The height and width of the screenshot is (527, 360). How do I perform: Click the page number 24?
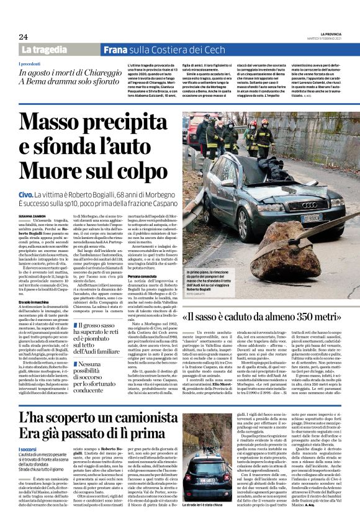(23, 37)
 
